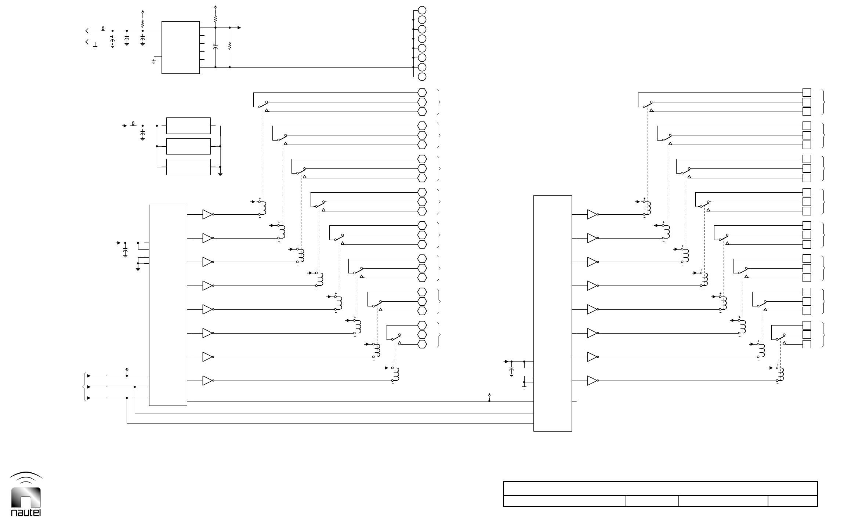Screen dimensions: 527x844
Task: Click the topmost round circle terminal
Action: tap(422, 10)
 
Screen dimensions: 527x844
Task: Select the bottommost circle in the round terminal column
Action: tap(422, 77)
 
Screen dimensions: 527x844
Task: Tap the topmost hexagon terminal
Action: tap(422, 92)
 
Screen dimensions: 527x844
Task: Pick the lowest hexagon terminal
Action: tap(422, 344)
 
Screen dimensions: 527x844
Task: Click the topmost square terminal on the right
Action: tap(807, 92)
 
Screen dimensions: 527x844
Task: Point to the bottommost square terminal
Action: tap(807, 344)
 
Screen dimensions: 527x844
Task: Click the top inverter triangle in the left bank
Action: tap(207, 215)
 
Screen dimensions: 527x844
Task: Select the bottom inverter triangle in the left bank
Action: tap(207, 381)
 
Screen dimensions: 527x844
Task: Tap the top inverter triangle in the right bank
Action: tap(592, 215)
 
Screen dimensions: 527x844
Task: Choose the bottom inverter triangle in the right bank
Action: tap(592, 381)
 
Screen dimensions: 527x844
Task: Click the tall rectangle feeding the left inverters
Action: tap(168, 305)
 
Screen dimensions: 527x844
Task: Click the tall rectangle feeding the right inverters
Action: tap(553, 313)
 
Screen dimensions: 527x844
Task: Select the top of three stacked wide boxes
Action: tap(188, 126)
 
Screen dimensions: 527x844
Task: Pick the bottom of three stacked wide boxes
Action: tap(188, 167)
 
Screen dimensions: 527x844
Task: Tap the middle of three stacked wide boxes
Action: tap(188, 146)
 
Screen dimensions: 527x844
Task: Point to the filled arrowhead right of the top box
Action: tap(239, 28)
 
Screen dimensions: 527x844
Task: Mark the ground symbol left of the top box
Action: tap(154, 61)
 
